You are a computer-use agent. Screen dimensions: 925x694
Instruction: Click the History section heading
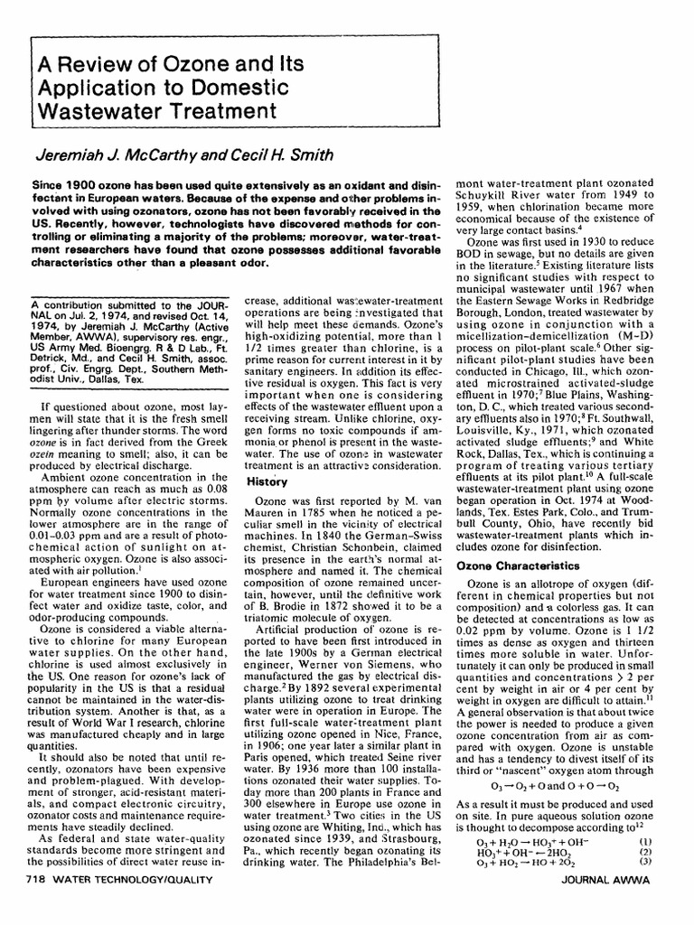point(268,482)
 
